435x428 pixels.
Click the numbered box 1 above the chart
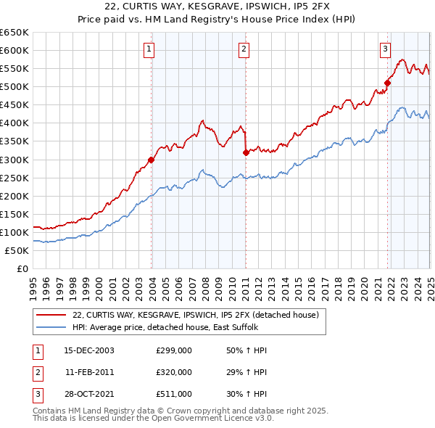pos(149,49)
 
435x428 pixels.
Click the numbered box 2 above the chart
pos(244,49)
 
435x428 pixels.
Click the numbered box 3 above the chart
pos(385,49)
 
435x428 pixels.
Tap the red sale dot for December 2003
pos(152,160)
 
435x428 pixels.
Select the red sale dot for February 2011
pos(246,152)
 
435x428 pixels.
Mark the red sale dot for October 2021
pos(388,83)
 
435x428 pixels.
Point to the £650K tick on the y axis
pos(14,33)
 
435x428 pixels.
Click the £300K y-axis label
pos(14,160)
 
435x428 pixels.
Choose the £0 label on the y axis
pos(22,268)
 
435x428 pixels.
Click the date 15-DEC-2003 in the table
pos(89,350)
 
